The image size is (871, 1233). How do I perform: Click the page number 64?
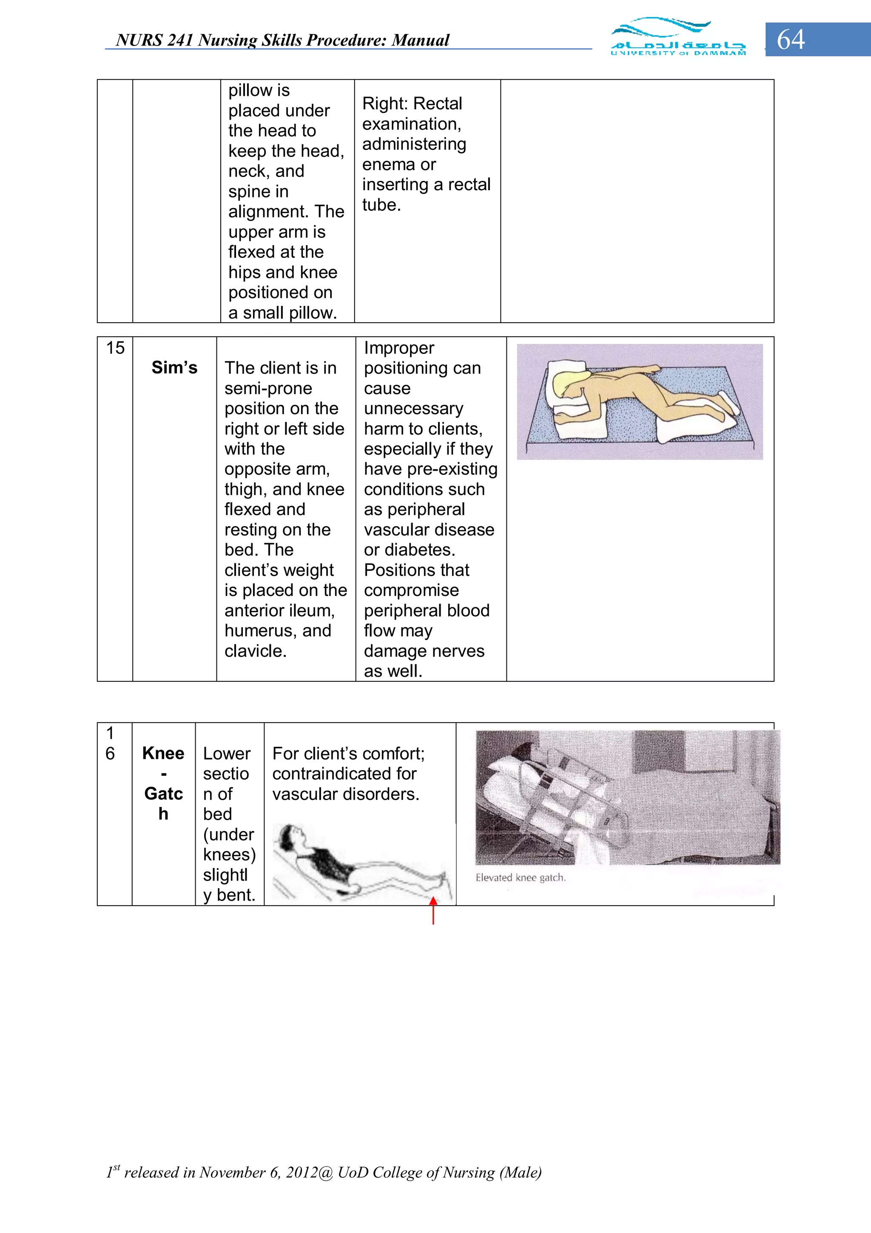(791, 40)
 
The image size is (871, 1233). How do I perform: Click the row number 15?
(115, 348)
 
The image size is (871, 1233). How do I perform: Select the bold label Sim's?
(174, 368)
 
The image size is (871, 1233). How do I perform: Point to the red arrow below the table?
(433, 910)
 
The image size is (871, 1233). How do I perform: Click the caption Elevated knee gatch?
(520, 878)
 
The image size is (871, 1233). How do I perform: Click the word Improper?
(399, 348)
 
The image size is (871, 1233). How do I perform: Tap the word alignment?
(268, 212)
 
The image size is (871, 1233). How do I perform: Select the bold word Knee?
(163, 753)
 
